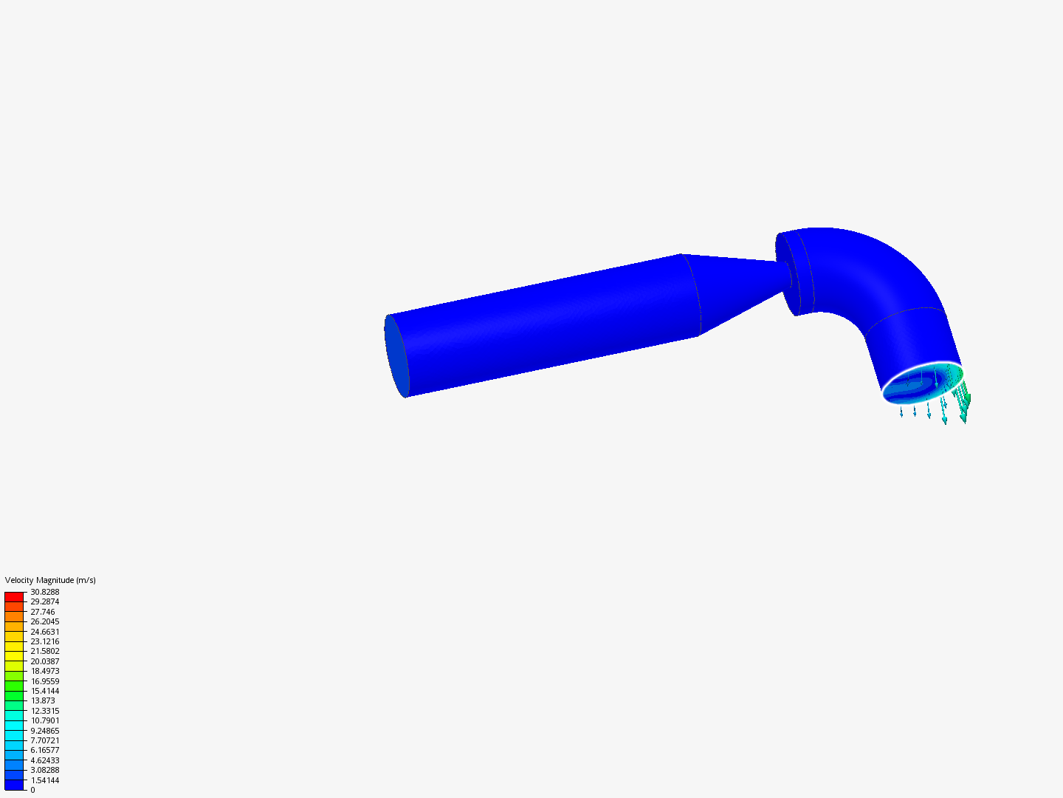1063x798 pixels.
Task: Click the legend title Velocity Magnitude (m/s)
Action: tap(50, 580)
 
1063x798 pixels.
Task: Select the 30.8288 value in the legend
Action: tap(44, 592)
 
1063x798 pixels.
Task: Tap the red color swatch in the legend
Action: tap(14, 596)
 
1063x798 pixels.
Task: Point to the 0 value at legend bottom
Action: tap(32, 790)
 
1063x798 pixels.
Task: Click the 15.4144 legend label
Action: tap(44, 691)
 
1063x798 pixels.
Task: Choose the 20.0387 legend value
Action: tap(44, 661)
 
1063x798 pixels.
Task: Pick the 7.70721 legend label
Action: tap(44, 740)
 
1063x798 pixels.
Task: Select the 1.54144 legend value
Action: tap(44, 780)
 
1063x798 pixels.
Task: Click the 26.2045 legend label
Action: tap(44, 621)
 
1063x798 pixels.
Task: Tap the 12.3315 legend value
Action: tap(44, 711)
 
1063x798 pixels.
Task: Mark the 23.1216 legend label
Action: tap(44, 641)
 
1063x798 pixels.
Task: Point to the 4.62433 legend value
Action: tap(44, 760)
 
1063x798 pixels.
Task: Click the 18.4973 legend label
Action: tap(44, 671)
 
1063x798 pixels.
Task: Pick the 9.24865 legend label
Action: tap(44, 731)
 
